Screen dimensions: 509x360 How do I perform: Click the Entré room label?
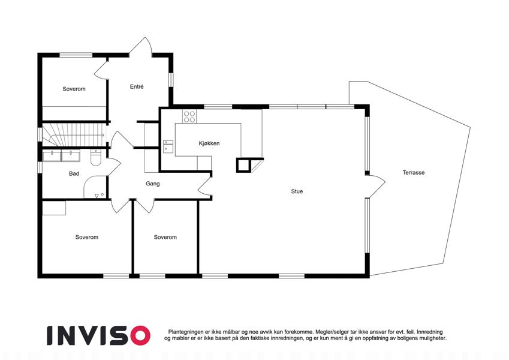tap(137, 87)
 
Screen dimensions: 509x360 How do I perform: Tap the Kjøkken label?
tap(209, 143)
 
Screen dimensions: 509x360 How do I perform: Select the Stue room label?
tap(297, 191)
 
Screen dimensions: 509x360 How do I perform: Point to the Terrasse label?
tap(414, 173)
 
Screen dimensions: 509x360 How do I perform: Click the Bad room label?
tap(74, 173)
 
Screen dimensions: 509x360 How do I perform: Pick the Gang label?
tap(152, 184)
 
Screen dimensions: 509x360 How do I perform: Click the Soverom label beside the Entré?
tap(74, 89)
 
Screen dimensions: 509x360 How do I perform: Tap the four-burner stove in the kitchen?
tap(189, 116)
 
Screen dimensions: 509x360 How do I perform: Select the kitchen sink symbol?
tap(168, 146)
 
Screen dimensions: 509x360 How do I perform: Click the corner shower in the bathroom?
tap(95, 187)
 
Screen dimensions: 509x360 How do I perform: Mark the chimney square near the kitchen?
tap(244, 165)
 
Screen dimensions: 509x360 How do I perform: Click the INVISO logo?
tap(98, 335)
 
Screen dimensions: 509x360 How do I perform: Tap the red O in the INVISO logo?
tap(140, 335)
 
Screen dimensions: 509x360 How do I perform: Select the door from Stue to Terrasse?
tap(375, 186)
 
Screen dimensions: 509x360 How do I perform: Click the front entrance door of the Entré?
tap(140, 47)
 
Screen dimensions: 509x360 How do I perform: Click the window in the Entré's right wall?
tap(171, 80)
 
